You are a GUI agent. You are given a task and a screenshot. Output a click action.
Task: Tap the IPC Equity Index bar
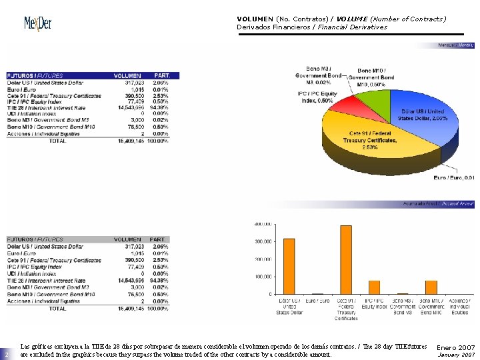pos(374,287)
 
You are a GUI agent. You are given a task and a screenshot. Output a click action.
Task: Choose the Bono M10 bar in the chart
pos(431,287)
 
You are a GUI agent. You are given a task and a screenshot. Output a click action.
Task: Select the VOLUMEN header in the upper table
pos(127,75)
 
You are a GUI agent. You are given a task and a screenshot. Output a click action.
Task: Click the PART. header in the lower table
pos(158,239)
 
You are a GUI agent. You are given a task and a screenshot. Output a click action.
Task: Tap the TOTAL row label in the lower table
pos(57,308)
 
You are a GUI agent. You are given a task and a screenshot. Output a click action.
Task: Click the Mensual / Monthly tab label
pos(455,45)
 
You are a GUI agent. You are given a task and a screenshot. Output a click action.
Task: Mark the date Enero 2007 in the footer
pos(455,347)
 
